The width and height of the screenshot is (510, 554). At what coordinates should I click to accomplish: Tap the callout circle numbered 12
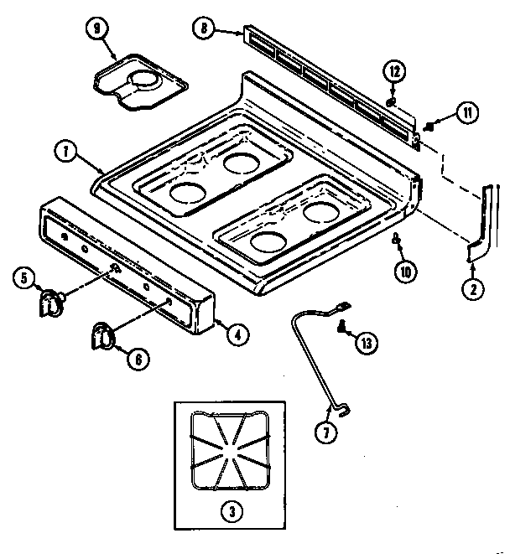click(x=393, y=70)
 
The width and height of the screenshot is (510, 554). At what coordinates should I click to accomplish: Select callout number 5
click(x=25, y=276)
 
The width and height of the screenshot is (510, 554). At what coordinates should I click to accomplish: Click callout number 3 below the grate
click(x=227, y=509)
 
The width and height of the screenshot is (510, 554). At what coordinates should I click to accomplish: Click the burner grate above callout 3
click(x=227, y=453)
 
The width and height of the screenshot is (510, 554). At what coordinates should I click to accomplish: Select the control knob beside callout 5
click(x=53, y=301)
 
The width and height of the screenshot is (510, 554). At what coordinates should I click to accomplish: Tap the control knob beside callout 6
click(x=103, y=334)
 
